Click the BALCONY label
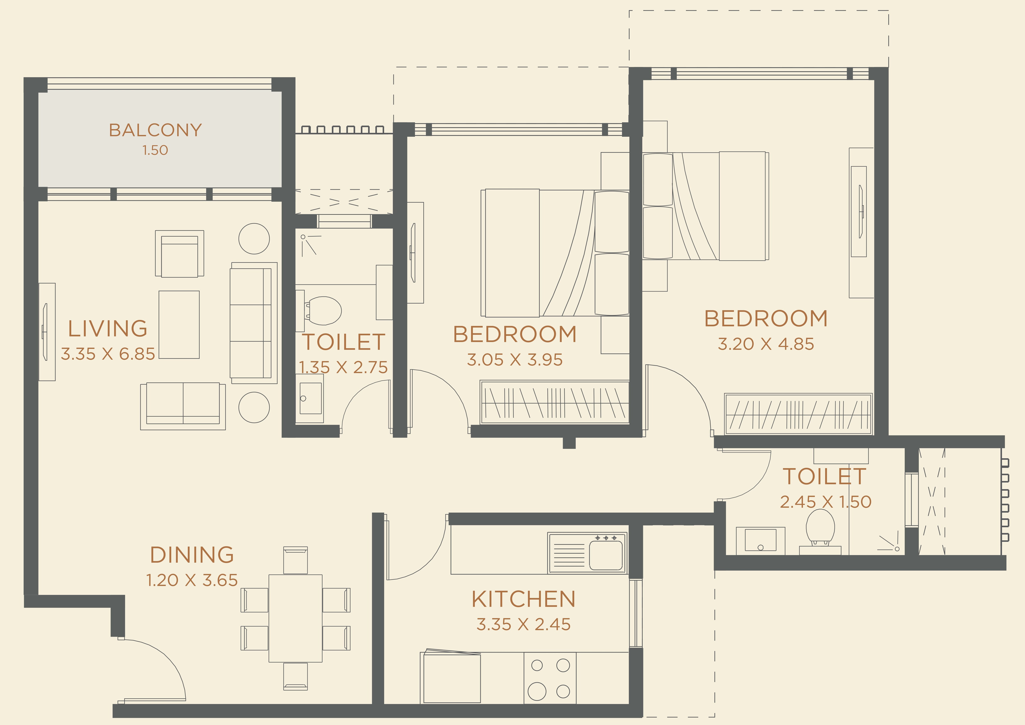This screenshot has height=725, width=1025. pos(155,130)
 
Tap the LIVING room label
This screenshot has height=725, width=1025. pos(108,329)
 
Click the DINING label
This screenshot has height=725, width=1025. pos(192,555)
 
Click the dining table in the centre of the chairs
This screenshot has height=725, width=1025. pos(295,618)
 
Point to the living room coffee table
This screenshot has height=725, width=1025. pos(179,324)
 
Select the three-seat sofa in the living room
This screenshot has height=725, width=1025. pos(252,323)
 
